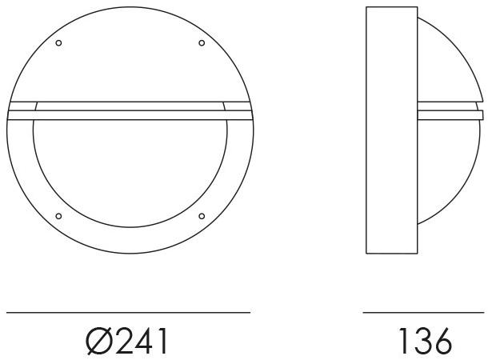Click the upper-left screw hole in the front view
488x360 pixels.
point(58,42)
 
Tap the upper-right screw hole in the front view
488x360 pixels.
point(201,42)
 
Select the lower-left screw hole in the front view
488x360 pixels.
point(58,216)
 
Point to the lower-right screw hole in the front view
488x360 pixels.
point(201,216)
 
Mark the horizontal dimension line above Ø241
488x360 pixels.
point(129,311)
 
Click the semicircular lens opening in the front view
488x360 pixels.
point(129,172)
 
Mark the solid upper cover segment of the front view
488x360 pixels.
point(129,56)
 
